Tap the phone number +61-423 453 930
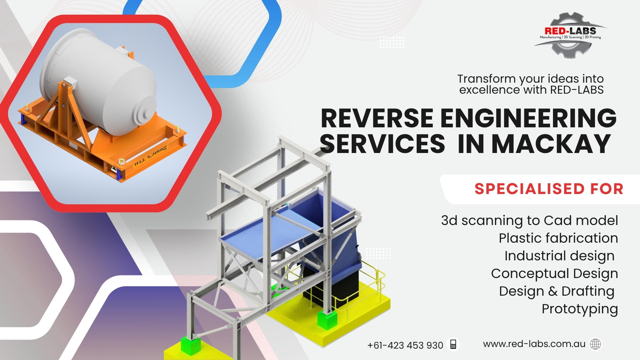coord(405,345)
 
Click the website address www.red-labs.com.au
coord(534,344)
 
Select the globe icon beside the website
coord(595,344)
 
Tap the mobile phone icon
coord(453,344)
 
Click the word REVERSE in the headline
coord(377,119)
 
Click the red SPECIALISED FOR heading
coord(549,189)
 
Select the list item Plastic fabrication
coord(558,238)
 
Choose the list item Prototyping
coord(580,309)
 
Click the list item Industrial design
coord(559,256)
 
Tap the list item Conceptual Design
coord(554,274)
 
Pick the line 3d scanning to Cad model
coord(529,221)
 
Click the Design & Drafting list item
coord(556,291)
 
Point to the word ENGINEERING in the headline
coord(528,119)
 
